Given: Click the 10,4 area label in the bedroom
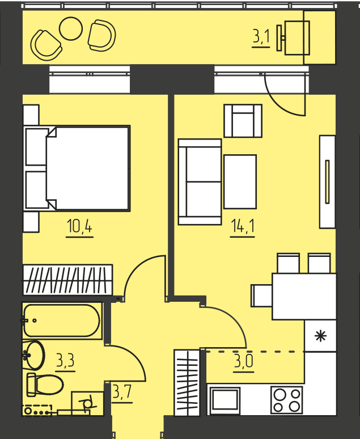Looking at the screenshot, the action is tap(79, 226).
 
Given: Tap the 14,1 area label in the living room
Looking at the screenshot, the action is tap(243, 226).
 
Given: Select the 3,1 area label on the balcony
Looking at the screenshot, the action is tap(261, 37).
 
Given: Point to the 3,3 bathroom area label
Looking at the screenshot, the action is tap(65, 360).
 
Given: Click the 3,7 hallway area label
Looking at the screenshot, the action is tap(122, 392).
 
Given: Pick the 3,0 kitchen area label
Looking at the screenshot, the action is tap(244, 361).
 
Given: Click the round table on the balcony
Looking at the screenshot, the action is tap(71, 28).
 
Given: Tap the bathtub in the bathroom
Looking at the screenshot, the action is tap(62, 320).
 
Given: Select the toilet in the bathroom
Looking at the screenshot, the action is tap(45, 385).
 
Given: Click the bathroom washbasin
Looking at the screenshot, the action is tap(33, 355).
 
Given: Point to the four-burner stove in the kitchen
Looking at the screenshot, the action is tap(287, 400).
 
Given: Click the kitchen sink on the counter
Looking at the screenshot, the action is tap(225, 400).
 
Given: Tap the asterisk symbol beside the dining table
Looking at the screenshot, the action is tap(320, 336).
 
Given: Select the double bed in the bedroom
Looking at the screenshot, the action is tap(77, 168).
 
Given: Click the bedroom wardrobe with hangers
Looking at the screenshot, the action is tap(67, 280).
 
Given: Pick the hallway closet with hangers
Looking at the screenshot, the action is tap(187, 382).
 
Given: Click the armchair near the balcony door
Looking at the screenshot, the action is tap(243, 121).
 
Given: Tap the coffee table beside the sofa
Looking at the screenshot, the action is tap(240, 181).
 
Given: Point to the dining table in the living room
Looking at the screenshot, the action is tap(304, 297).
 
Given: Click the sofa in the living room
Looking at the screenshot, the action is tap(200, 182).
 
